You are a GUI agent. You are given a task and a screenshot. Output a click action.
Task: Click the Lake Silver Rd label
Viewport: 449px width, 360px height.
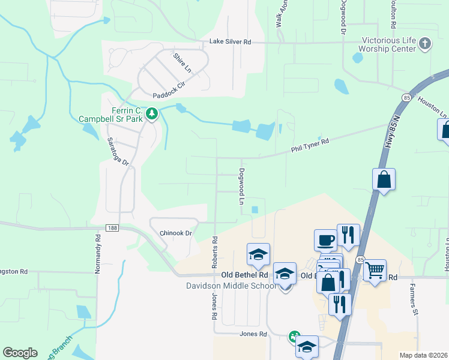point(230,42)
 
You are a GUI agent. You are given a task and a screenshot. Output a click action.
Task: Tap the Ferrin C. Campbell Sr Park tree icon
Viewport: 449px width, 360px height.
point(152,113)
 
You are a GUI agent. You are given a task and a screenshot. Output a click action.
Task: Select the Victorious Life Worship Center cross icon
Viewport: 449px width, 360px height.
point(425,43)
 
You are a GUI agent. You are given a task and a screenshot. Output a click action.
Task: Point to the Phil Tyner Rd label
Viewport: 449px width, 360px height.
point(310,142)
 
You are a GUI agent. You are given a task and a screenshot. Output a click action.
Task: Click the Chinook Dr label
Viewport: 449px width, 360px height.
point(175,233)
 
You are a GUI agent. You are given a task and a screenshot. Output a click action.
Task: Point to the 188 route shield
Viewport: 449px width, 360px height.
point(113,228)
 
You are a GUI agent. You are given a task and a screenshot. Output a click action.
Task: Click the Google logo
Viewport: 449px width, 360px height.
point(20,353)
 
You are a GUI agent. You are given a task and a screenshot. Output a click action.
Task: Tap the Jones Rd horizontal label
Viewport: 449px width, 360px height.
point(253,334)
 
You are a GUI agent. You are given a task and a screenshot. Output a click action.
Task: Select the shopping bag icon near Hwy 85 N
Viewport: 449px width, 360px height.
point(384,179)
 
